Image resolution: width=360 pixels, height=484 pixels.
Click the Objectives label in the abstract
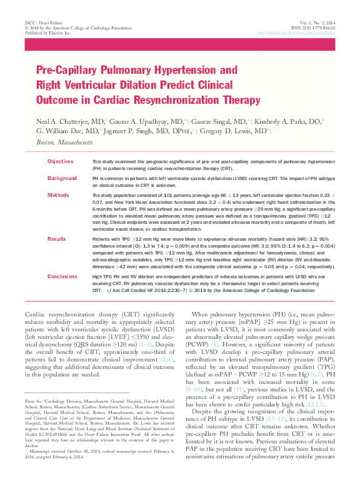tap(61, 161)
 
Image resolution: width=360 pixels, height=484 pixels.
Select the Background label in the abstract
tap(62, 178)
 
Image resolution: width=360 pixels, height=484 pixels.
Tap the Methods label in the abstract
tap(58, 195)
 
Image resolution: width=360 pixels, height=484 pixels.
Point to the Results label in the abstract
tap(57, 239)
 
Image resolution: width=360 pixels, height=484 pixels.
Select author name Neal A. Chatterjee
tap(62, 120)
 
